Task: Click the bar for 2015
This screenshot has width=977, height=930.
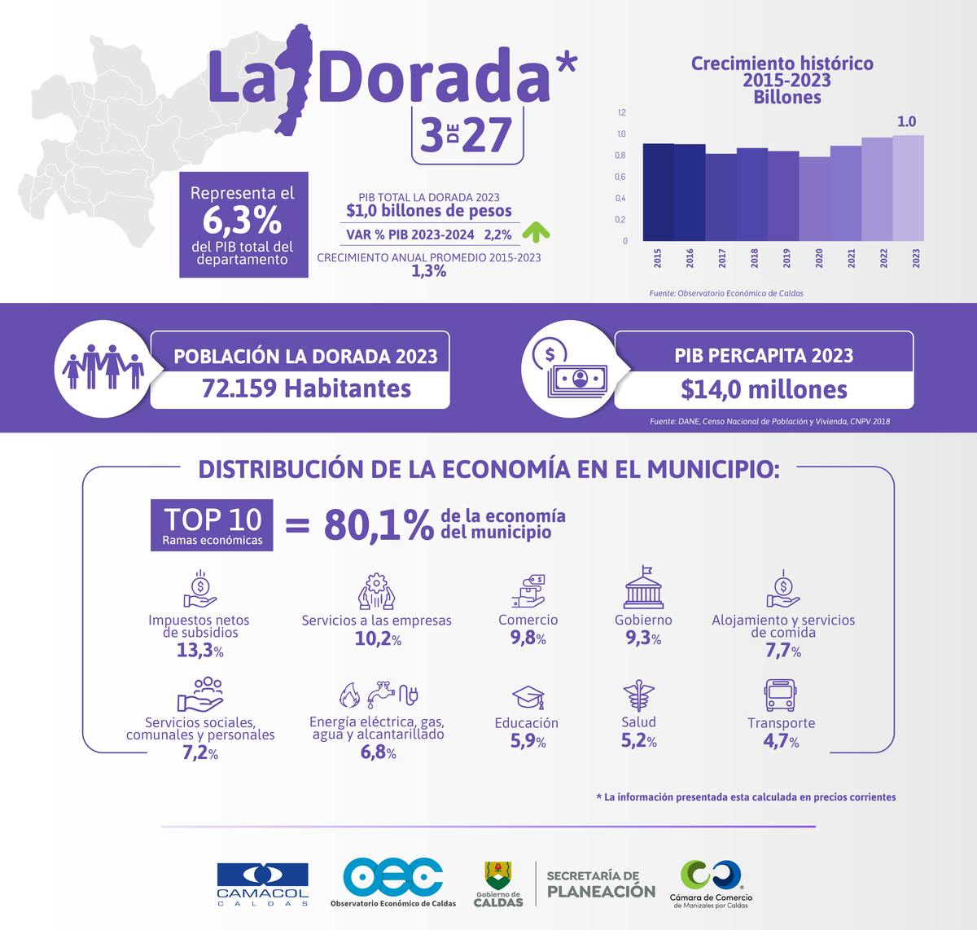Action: point(658,192)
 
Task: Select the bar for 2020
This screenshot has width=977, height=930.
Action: point(814,199)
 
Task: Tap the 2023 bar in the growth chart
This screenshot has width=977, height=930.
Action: point(908,188)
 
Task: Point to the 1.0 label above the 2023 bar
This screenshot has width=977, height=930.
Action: point(906,121)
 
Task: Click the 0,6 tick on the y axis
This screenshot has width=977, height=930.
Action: point(620,177)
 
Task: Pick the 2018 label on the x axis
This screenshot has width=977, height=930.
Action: point(755,258)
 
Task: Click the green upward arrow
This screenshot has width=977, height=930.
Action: point(536,233)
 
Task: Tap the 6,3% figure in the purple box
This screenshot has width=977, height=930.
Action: point(242,220)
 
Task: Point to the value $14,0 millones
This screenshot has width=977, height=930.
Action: point(764,390)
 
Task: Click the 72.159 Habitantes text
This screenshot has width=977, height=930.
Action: point(306,388)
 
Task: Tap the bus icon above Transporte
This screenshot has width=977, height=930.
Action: point(779,695)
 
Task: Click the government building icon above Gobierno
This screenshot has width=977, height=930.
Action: point(643,588)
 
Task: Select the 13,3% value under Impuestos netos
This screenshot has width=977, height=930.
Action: point(199,650)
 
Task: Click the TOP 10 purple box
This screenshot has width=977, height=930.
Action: point(212,525)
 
